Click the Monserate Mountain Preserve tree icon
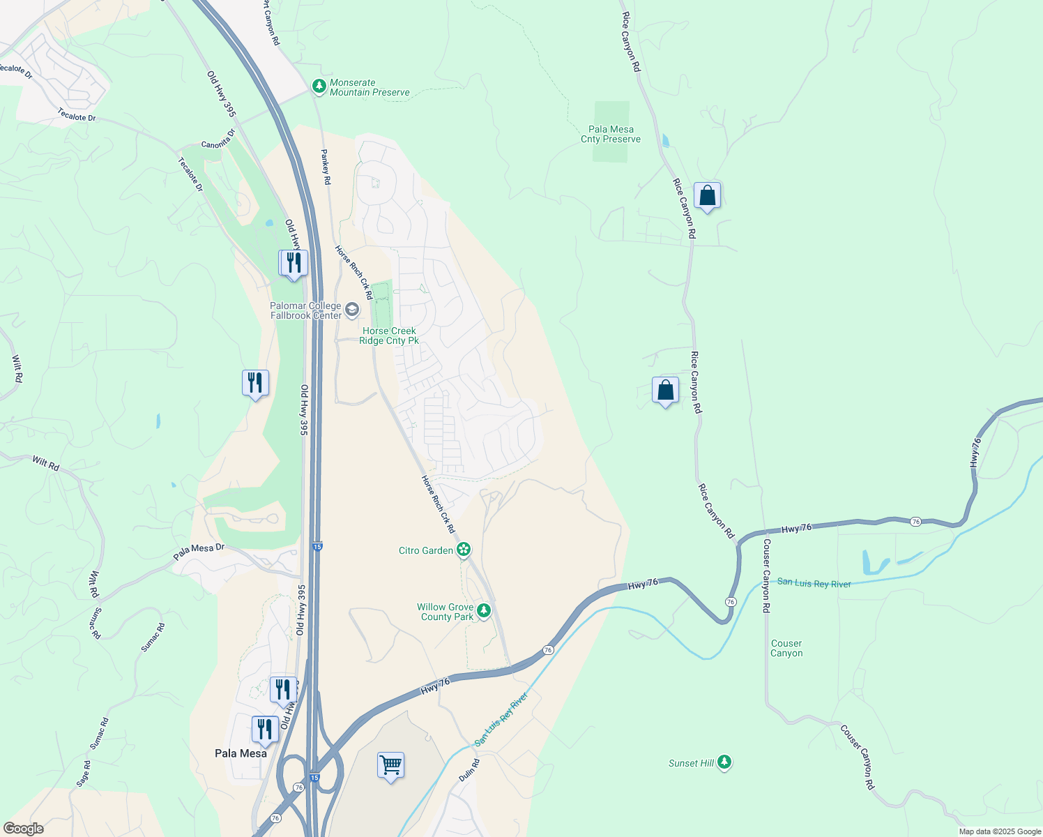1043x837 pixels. pos(319,86)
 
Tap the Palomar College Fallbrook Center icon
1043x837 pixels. pos(352,310)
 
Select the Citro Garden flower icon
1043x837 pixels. pos(464,550)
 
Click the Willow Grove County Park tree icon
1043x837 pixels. pos(483,611)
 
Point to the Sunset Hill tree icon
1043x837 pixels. pos(724,762)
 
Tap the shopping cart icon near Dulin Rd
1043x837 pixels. pos(390,765)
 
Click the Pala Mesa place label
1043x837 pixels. pos(241,753)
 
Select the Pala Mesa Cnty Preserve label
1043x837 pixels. pos(611,134)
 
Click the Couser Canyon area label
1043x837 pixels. pos(786,648)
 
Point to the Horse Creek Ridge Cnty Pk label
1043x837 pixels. pos(389,335)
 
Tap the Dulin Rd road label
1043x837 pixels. pos(469,771)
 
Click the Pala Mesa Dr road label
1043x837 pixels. pos(199,551)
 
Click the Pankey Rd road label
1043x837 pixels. pos(325,167)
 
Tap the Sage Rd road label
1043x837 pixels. pos(84,774)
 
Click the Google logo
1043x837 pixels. pos(23,829)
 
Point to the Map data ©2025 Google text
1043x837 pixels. pos(1000,831)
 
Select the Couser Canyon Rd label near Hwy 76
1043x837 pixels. pos(766,575)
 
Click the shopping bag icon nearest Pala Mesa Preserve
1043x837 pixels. pos(707,196)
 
